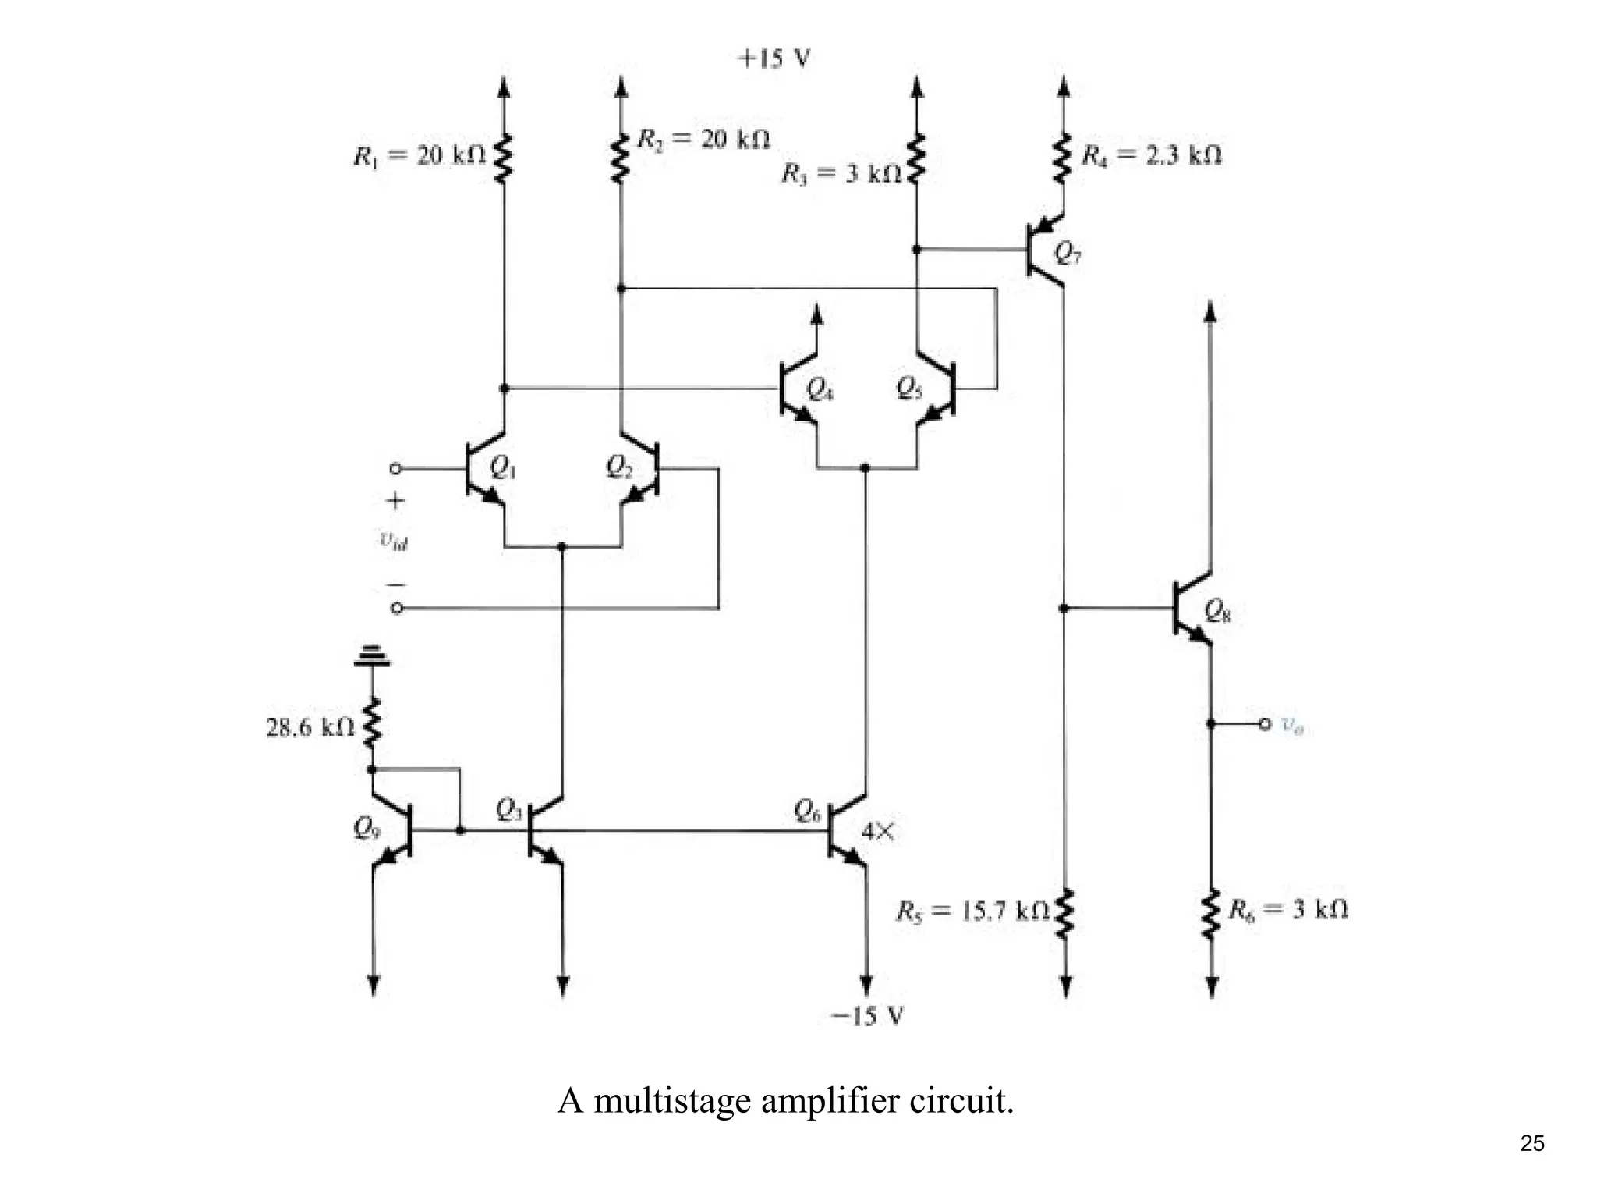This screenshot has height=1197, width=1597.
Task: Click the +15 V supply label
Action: (774, 59)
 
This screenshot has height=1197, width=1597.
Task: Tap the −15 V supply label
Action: (867, 1016)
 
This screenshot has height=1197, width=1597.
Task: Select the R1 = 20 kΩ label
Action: (419, 156)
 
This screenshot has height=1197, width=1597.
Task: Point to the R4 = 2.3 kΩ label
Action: (1151, 155)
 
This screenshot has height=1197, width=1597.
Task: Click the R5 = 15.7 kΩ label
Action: (972, 911)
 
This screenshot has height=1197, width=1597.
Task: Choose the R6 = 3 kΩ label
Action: (1288, 909)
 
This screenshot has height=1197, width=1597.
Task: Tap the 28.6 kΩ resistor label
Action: (310, 727)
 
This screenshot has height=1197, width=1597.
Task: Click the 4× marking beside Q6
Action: (878, 832)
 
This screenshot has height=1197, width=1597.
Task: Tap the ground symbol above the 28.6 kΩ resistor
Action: (372, 656)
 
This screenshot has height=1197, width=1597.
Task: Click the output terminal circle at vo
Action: (1265, 724)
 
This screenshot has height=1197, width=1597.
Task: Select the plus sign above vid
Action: (395, 500)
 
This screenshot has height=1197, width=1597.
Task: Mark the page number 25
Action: (1531, 1143)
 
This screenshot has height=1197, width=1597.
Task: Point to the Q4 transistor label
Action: (819, 388)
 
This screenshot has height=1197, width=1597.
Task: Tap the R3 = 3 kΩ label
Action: (841, 172)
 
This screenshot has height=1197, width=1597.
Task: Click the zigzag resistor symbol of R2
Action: (621, 158)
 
